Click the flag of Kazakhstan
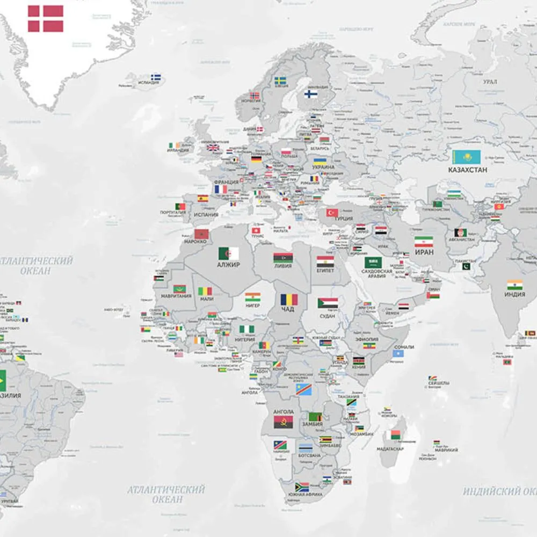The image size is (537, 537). [466, 157]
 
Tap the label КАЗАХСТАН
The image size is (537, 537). [468, 170]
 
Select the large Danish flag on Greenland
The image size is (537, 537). [46, 19]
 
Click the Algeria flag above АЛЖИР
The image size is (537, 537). [228, 253]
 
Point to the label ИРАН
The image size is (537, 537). [424, 251]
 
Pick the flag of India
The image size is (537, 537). [514, 285]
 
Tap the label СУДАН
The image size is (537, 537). [327, 316]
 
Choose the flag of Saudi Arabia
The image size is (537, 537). [373, 262]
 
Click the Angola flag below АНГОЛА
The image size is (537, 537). [283, 422]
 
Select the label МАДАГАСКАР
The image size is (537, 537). [390, 449]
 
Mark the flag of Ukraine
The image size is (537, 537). [320, 161]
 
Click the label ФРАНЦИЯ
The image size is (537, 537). [226, 182]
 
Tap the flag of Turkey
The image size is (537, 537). [332, 213]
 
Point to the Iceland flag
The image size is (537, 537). [156, 77]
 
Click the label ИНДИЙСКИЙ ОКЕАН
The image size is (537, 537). [499, 491]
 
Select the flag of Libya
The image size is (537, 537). [283, 257]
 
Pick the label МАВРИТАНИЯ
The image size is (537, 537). [176, 296]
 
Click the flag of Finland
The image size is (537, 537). [310, 94]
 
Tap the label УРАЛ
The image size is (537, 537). [490, 82]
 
